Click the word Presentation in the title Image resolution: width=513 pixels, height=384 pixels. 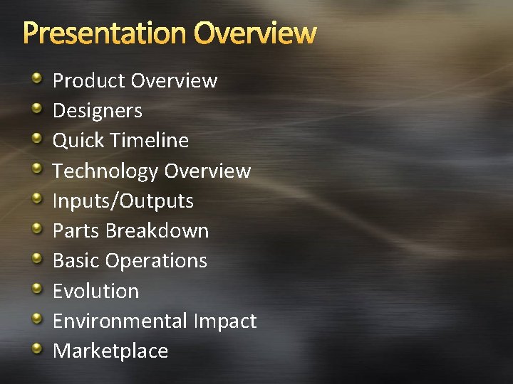[x=105, y=33]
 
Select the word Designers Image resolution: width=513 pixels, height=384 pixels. [x=98, y=111]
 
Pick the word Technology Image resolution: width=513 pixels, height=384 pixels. [x=105, y=171]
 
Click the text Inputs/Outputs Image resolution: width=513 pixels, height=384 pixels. [x=123, y=201]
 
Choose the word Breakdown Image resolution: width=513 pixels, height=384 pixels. [x=157, y=231]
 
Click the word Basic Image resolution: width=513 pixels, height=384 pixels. [x=76, y=261]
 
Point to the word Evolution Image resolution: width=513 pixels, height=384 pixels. [x=96, y=291]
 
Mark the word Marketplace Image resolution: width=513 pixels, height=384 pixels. [x=110, y=351]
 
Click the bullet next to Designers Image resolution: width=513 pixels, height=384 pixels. [x=37, y=108]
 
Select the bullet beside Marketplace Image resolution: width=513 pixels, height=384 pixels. [x=37, y=348]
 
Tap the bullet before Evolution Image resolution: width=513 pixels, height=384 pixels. [x=37, y=288]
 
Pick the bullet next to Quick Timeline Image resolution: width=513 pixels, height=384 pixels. [x=37, y=138]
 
